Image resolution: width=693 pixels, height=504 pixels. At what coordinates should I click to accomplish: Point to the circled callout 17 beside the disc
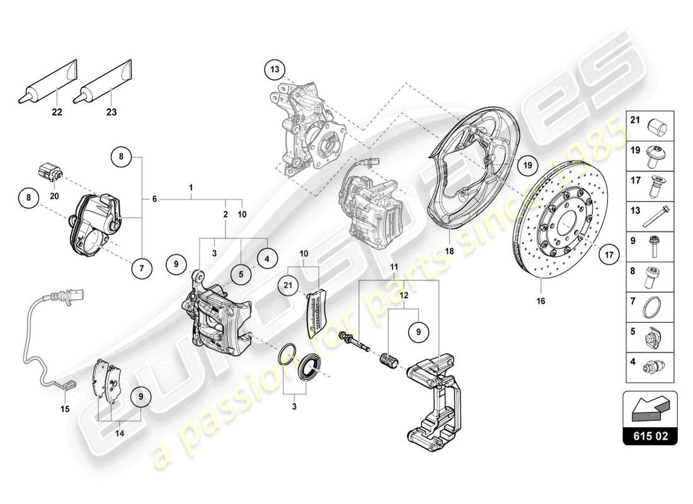(x=609, y=255)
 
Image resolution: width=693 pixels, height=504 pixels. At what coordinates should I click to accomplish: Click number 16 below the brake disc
(x=540, y=301)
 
